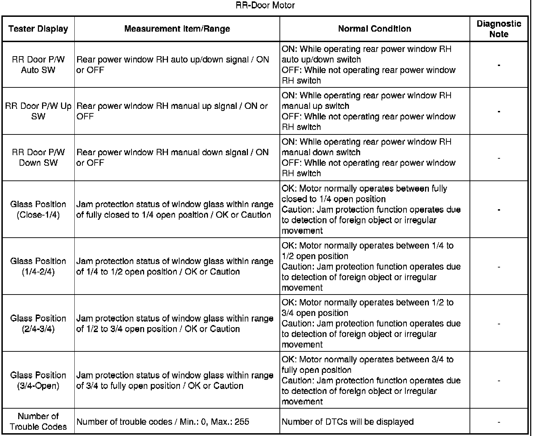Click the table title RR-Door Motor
[265, 6]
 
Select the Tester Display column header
[38, 29]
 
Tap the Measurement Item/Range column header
[177, 29]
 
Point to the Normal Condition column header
[375, 29]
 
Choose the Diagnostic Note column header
[499, 29]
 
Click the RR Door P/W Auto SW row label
[38, 65]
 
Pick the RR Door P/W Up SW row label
[38, 111]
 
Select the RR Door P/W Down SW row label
[38, 158]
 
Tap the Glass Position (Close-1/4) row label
[38, 210]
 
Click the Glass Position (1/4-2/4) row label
[38, 266]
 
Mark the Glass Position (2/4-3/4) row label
[38, 323]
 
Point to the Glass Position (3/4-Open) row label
[38, 380]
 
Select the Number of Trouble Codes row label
[38, 421]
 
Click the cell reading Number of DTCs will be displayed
[348, 422]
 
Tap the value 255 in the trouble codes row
[242, 422]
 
